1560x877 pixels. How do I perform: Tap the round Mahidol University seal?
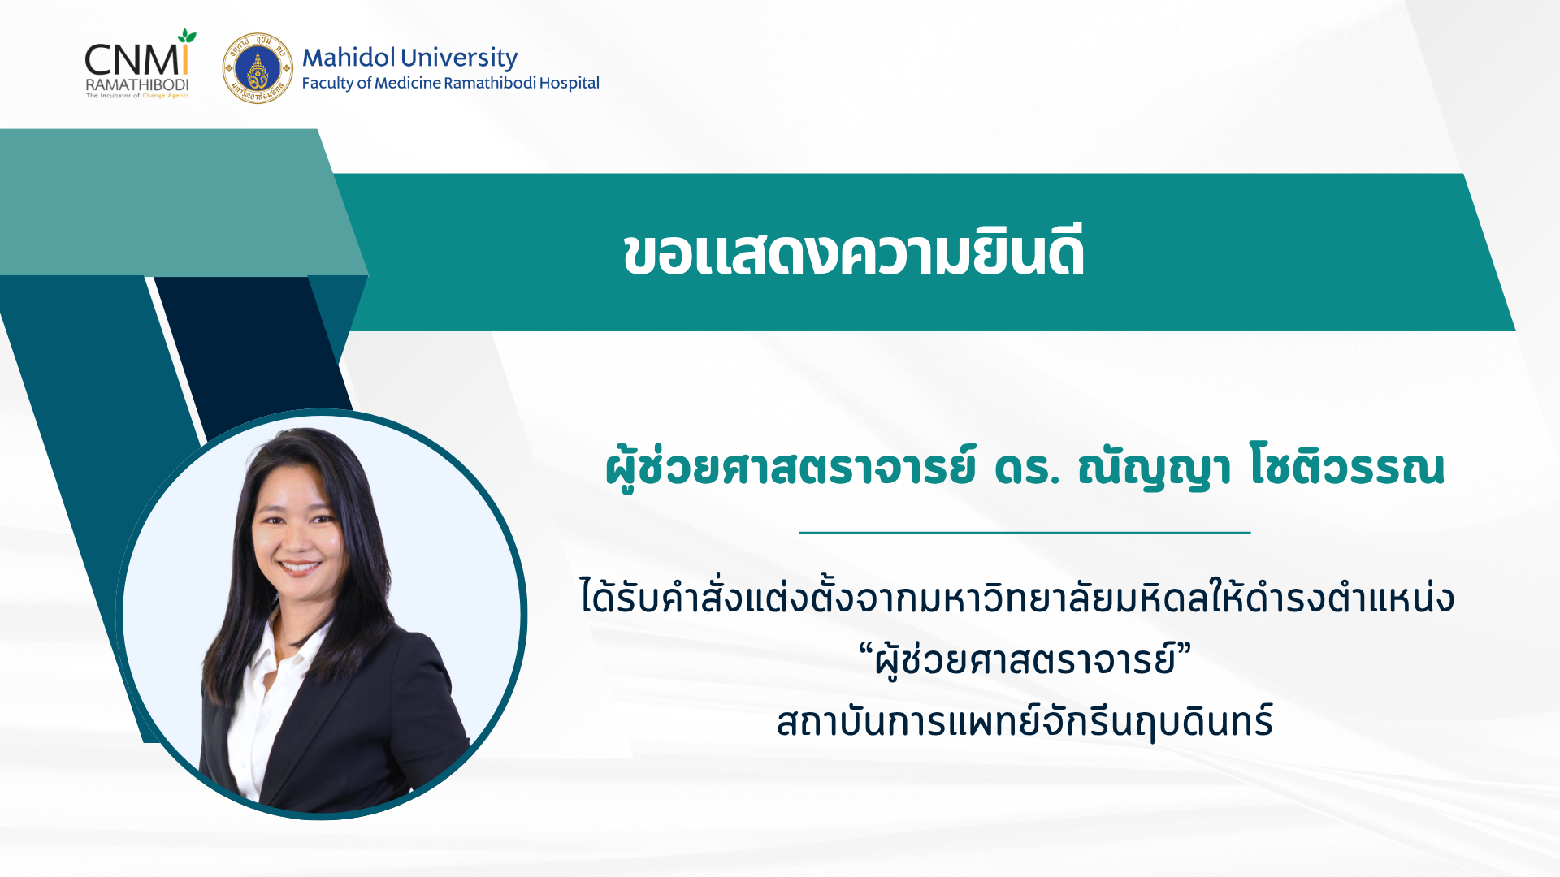(258, 68)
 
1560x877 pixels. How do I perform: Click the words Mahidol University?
(409, 58)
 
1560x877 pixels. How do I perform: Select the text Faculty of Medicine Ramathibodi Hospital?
(450, 83)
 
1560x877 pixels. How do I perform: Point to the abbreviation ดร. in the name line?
(1027, 468)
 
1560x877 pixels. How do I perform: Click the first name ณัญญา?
(1154, 468)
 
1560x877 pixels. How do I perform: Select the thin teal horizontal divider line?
(1025, 533)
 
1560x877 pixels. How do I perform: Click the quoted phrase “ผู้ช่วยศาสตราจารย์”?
(1025, 659)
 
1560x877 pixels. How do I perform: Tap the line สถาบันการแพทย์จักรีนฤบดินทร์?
(1025, 721)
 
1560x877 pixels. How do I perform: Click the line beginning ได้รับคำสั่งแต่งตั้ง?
(1017, 597)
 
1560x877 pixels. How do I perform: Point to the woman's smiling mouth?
(300, 567)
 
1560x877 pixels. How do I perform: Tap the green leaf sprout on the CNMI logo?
(188, 36)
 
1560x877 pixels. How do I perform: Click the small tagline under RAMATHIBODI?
(137, 96)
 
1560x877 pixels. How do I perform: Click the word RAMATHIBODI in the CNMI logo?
(137, 84)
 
